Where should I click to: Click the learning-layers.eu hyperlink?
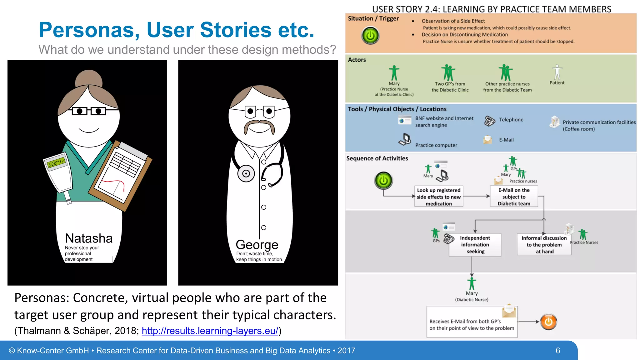[x=210, y=331]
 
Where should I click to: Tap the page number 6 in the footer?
[x=557, y=351]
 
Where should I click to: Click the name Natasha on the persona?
[x=89, y=238]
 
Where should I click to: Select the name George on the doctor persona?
[x=257, y=245]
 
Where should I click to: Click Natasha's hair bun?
[x=89, y=78]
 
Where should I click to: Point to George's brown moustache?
[x=259, y=126]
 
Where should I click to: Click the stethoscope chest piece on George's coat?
[x=246, y=174]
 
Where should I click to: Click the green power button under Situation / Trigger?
[x=370, y=35]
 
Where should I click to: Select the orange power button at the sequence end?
[x=548, y=322]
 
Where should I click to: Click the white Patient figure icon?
[x=557, y=72]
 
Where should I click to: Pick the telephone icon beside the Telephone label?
[x=489, y=121]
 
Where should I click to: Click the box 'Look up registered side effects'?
[x=438, y=197]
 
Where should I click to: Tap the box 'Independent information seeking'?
[x=475, y=245]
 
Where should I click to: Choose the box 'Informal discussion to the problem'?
[x=544, y=245]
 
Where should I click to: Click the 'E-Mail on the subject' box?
[x=514, y=197]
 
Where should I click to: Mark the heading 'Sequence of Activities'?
[x=377, y=158]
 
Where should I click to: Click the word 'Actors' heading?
[x=357, y=60]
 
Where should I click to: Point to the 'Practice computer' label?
[x=436, y=145]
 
